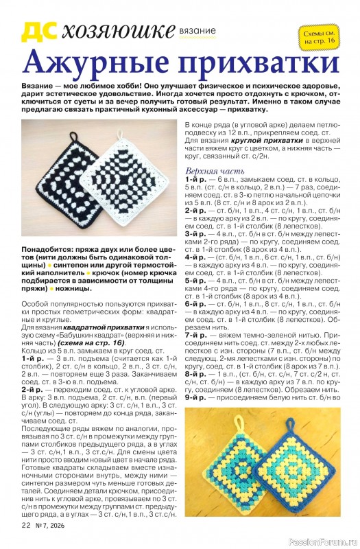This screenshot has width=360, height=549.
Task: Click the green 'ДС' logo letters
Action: pos(38,30)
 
